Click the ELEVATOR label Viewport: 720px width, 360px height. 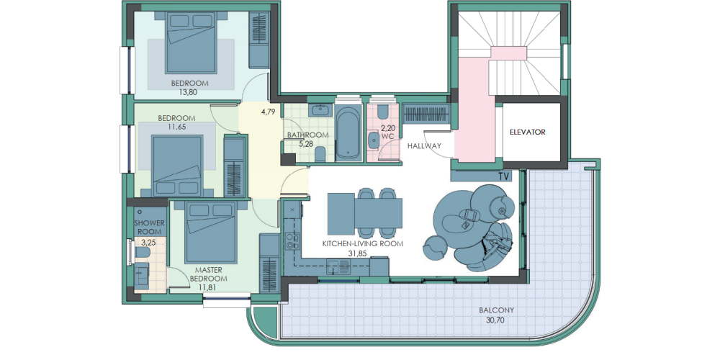click(528, 132)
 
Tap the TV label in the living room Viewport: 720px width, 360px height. click(504, 176)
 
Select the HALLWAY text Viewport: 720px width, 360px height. click(424, 146)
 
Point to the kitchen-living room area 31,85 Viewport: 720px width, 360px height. click(362, 253)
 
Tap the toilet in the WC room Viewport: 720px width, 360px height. click(382, 112)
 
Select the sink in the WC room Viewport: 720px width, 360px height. click(373, 142)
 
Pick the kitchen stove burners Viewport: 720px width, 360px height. click(292, 241)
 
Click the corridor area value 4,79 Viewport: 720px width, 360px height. click(268, 111)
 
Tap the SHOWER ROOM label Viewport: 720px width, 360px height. click(149, 228)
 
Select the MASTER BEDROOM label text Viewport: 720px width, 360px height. click(209, 274)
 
